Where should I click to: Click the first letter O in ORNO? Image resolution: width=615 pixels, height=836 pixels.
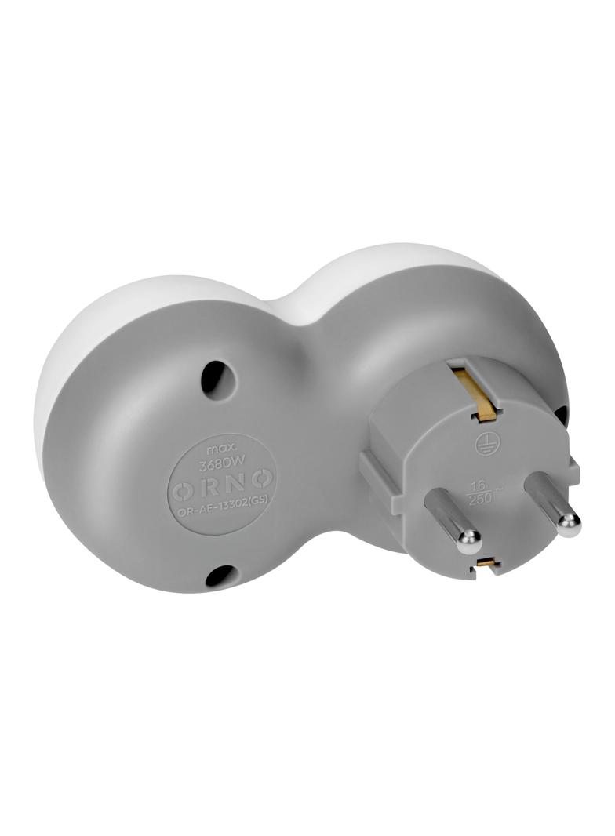pos(181,489)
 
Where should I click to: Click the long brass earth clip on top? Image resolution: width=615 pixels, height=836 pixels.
pos(471,392)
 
